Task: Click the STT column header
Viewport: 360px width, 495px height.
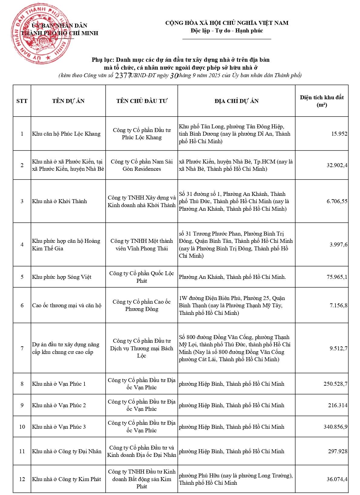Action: [22, 101]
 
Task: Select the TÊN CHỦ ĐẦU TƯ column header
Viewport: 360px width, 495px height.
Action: [142, 101]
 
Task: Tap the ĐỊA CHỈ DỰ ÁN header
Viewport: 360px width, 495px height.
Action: [236, 101]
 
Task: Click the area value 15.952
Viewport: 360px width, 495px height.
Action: [339, 134]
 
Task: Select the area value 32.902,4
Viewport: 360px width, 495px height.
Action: [337, 165]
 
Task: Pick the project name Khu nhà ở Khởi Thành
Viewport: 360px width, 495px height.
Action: [60, 201]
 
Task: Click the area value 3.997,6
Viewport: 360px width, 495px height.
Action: [339, 245]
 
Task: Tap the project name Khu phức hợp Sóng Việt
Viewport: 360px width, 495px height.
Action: [62, 277]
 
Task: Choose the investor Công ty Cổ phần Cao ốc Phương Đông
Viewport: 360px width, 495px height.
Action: [142, 305]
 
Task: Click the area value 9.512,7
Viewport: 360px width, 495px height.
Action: [339, 348]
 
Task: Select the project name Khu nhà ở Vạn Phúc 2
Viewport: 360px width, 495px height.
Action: [59, 405]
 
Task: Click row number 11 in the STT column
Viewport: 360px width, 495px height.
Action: [22, 451]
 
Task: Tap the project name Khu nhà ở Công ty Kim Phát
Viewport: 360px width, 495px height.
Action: [67, 479]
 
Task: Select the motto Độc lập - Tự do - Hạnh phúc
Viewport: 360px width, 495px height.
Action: [227, 31]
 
